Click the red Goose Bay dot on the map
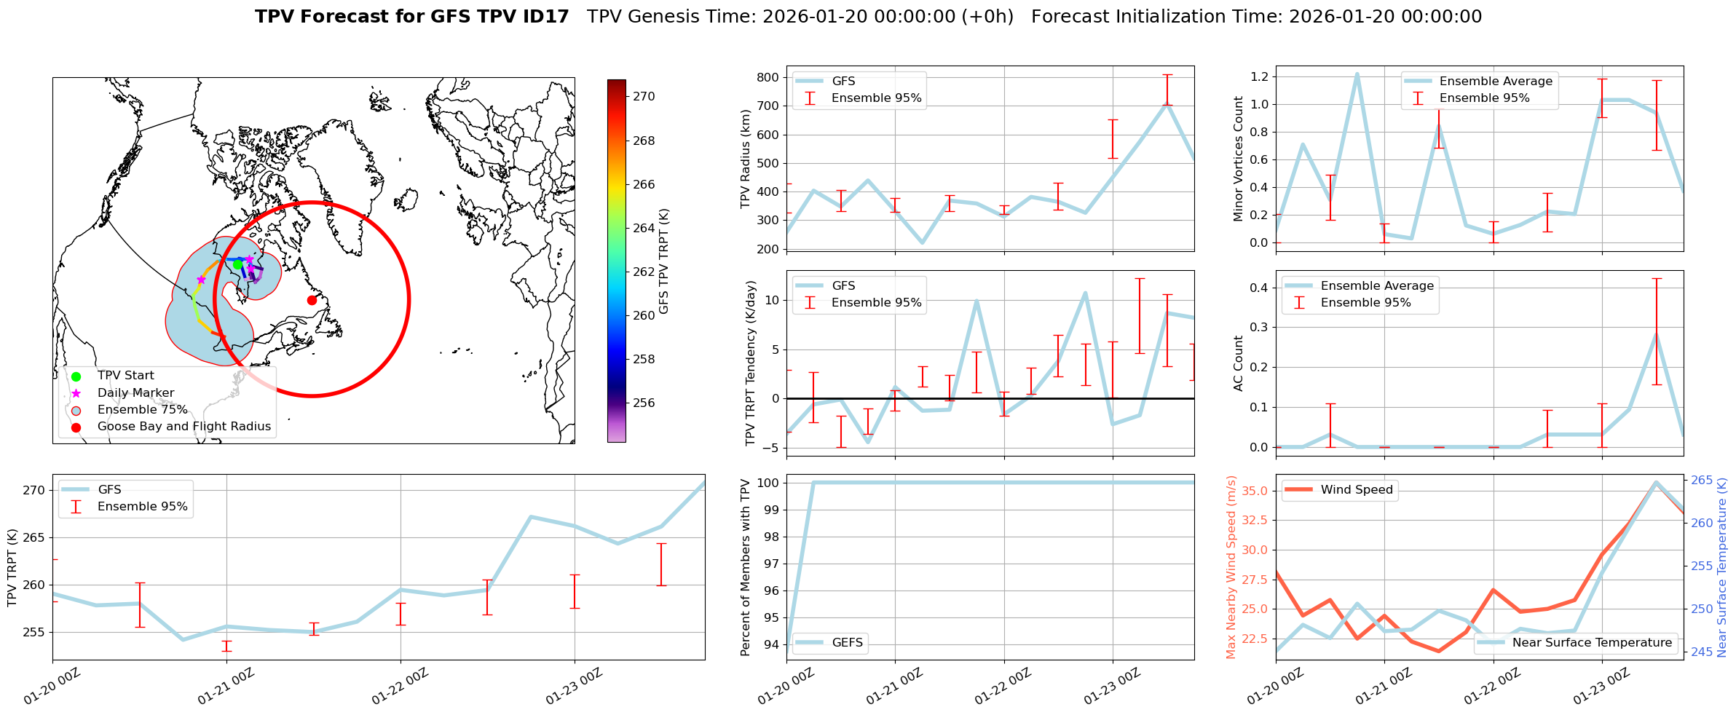(x=312, y=300)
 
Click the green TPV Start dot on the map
(x=237, y=264)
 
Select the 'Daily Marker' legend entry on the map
(x=135, y=393)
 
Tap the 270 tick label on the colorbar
(x=644, y=96)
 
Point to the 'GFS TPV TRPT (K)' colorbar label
(x=664, y=261)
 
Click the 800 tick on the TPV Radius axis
(x=769, y=77)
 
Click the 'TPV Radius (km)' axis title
(x=746, y=159)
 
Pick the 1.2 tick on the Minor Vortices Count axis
(x=1258, y=76)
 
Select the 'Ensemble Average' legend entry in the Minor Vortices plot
(x=1496, y=82)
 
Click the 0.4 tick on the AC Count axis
(x=1258, y=288)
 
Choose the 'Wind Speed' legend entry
(x=1357, y=490)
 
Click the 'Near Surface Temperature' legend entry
(x=1592, y=643)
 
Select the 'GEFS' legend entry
(x=848, y=643)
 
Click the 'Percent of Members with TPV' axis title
(x=746, y=567)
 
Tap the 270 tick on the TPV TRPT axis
(x=33, y=490)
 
